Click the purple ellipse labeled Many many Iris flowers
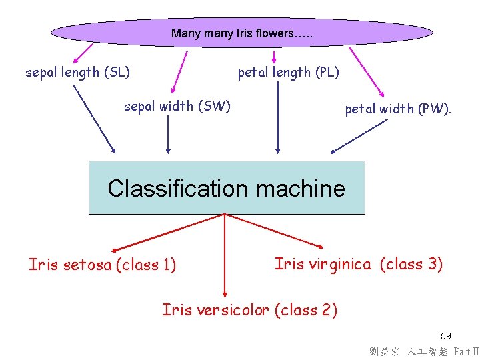pos(242,32)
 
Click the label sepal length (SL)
pos(77,72)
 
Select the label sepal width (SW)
pos(177,106)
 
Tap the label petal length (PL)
pos(289,72)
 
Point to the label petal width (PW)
pos(398,109)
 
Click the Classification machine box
pos(227,187)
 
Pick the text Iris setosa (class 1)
pos(103,265)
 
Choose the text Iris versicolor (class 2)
pos(249,310)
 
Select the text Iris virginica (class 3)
pos(359,264)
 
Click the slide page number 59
pos(445,336)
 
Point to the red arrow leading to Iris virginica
pos(275,230)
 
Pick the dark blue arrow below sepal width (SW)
pos(168,133)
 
